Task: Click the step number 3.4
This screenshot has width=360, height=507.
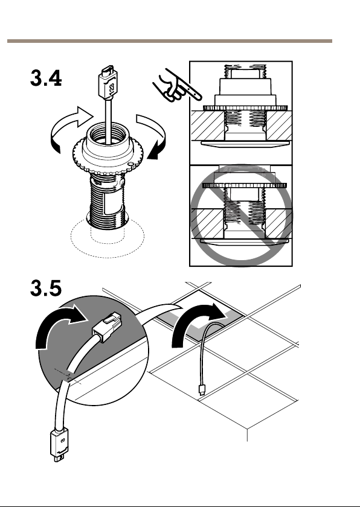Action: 46,78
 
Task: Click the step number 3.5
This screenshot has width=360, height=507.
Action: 46,288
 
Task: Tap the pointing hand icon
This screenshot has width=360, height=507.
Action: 176,86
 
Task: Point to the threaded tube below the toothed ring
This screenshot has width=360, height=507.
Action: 107,200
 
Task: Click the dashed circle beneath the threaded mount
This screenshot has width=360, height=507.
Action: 108,246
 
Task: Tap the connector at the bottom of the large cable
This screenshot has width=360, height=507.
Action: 60,445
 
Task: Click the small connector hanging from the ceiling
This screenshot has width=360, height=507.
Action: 202,390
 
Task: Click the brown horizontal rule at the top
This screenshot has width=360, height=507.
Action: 170,41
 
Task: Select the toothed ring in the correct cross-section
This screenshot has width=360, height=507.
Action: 245,108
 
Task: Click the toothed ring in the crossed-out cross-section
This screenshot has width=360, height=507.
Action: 245,185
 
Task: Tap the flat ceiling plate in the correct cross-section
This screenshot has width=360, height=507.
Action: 245,144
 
